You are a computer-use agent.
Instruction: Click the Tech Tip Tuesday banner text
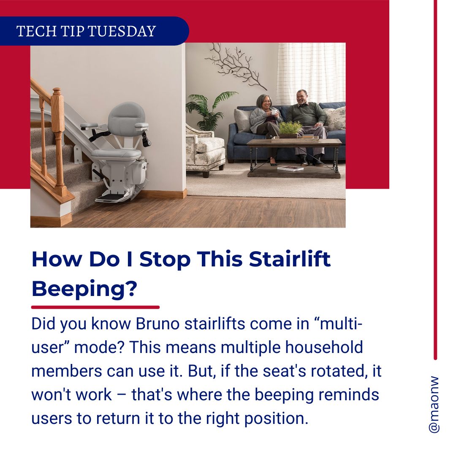click(x=86, y=31)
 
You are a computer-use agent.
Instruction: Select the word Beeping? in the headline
click(x=84, y=289)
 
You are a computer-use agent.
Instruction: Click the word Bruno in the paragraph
click(x=157, y=324)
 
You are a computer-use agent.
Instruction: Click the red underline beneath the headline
click(x=95, y=307)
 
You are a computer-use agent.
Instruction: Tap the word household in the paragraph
click(x=324, y=347)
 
